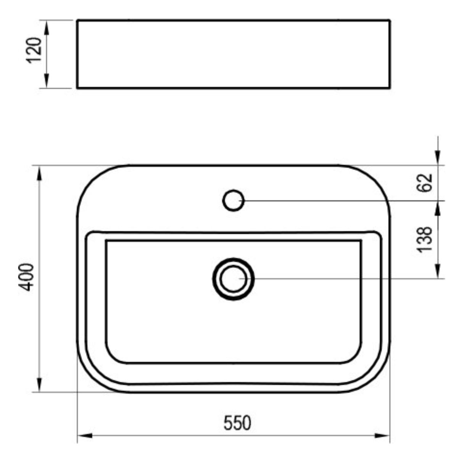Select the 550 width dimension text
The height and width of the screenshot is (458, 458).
(237, 423)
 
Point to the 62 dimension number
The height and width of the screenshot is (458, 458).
(424, 182)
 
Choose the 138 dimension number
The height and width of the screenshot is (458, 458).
(424, 240)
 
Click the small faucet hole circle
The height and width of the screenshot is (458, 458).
(234, 200)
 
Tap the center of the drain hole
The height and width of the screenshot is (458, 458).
(234, 279)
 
